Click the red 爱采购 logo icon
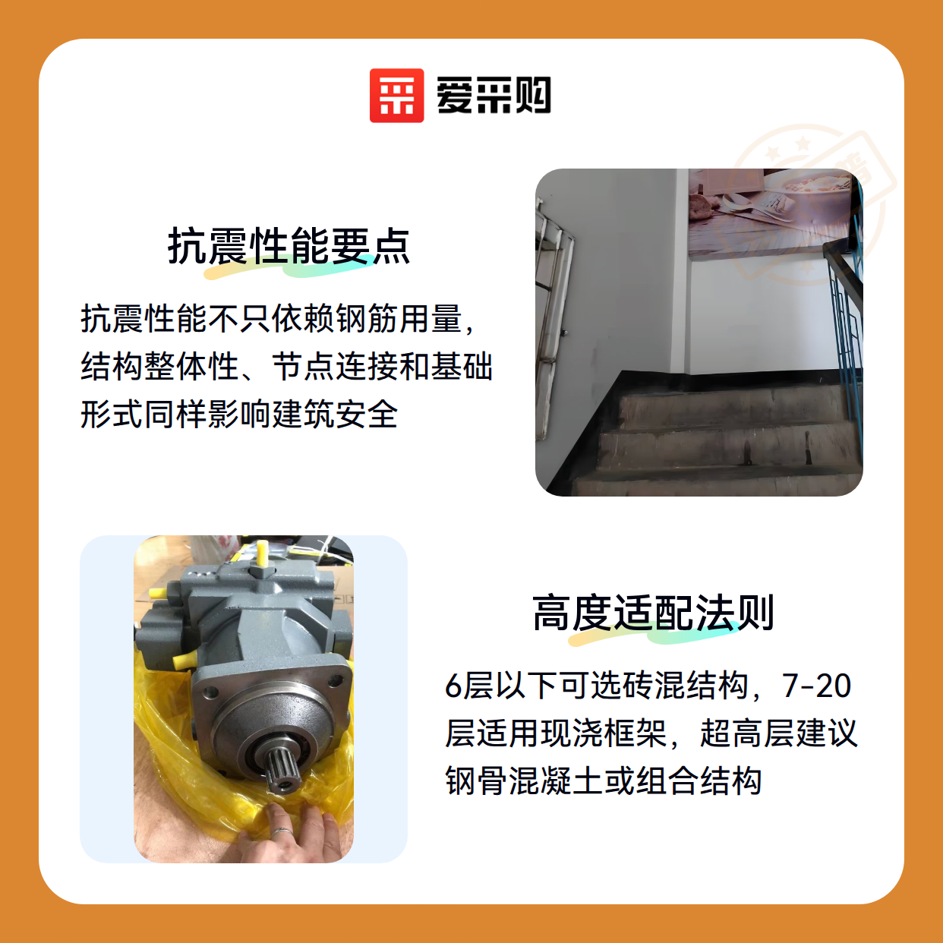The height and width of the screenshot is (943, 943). [396, 96]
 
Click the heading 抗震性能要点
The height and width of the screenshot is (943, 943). [289, 247]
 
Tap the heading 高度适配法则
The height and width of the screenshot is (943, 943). [653, 613]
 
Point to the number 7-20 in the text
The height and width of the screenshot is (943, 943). [817, 686]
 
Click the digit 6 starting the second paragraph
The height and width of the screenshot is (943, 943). [453, 686]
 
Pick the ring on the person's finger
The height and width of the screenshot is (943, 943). [283, 831]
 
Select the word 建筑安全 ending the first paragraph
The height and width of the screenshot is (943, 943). [335, 415]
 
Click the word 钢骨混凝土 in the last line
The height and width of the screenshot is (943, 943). [524, 781]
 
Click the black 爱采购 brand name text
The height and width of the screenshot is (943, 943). [494, 96]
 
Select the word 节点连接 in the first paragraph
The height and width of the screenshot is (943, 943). [335, 367]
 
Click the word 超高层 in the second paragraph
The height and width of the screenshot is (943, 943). [748, 733]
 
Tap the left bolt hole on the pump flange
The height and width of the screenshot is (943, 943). [210, 692]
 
